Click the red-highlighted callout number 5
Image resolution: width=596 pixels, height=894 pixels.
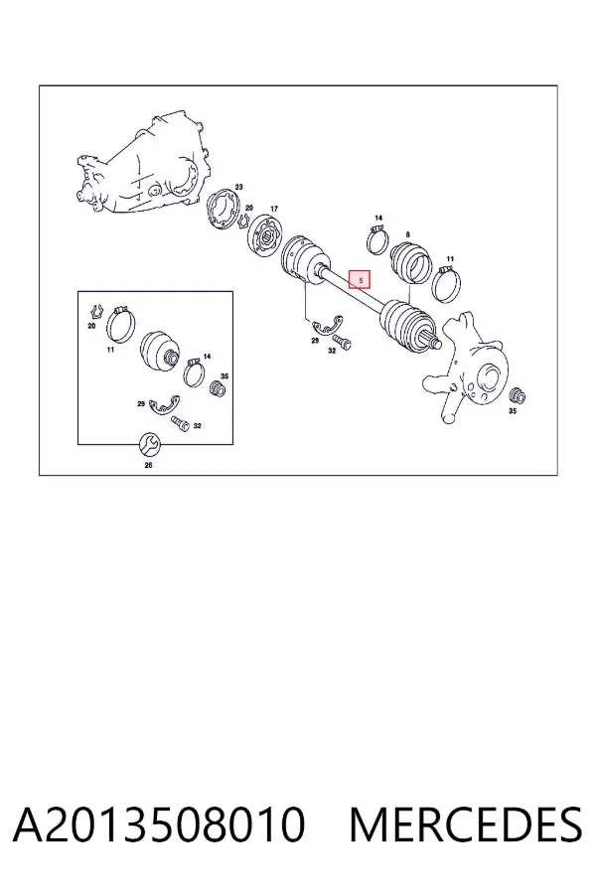[x=360, y=279]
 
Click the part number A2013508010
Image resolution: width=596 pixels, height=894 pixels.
[x=159, y=824]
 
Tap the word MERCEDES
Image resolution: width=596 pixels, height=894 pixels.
[x=466, y=824]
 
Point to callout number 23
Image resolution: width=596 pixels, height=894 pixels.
[x=239, y=187]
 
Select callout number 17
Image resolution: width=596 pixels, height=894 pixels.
[x=274, y=209]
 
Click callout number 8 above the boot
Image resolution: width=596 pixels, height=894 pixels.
[x=408, y=234]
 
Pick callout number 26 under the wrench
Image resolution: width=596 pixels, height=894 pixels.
[x=148, y=465]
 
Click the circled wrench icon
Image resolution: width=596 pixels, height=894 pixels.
[x=150, y=444]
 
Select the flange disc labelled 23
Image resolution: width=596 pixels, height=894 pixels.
[x=223, y=211]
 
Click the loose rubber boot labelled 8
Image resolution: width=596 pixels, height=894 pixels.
[x=409, y=262]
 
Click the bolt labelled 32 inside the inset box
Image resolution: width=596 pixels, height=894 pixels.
[x=180, y=424]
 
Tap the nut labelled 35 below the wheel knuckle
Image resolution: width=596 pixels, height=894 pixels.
[x=517, y=395]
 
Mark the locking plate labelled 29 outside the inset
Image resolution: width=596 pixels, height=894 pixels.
[x=328, y=325]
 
